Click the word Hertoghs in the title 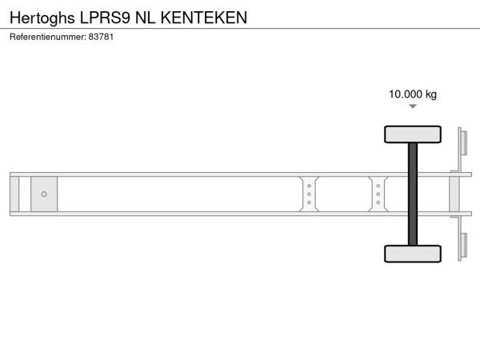click(x=42, y=18)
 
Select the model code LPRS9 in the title click(x=106, y=18)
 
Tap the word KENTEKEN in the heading click(x=204, y=18)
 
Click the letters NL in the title click(x=146, y=18)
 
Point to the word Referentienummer click(x=48, y=37)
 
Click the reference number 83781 click(x=101, y=37)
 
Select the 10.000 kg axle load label click(x=413, y=94)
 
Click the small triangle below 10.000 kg click(x=413, y=106)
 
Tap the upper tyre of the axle click(x=413, y=134)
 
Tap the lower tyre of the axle click(x=413, y=254)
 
